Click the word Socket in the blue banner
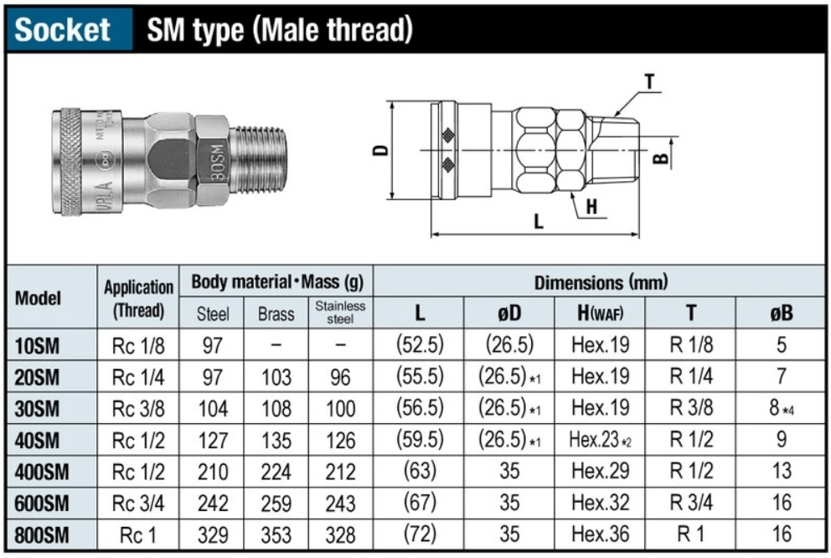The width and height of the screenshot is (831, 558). [x=62, y=29]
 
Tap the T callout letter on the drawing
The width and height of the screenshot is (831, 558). [x=650, y=82]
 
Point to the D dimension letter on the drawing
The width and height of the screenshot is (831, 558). [x=380, y=150]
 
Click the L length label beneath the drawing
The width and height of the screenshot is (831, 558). [x=539, y=220]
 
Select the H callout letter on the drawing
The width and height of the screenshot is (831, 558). [x=591, y=206]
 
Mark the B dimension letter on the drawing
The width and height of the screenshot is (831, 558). [x=660, y=158]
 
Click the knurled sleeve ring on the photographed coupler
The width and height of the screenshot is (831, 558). [x=70, y=162]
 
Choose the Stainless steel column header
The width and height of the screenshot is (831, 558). [x=340, y=313]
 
